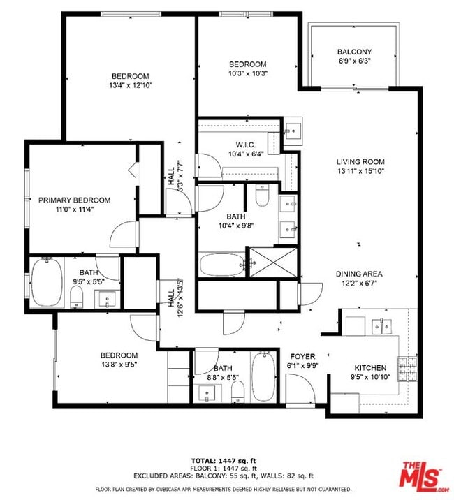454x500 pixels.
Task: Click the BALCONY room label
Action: coord(354,52)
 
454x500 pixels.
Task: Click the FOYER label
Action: coord(302,355)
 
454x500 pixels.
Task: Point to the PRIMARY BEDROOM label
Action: coord(74,200)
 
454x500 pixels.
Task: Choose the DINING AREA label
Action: coord(359,274)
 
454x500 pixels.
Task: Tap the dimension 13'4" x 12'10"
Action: coord(131,84)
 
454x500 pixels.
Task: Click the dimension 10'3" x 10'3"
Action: coord(248,73)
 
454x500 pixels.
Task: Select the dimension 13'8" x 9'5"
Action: coord(118,364)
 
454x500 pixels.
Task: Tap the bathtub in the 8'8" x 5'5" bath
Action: coord(263,376)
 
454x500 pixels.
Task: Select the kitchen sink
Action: coord(381,325)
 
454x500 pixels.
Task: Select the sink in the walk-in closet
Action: coord(293,130)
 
